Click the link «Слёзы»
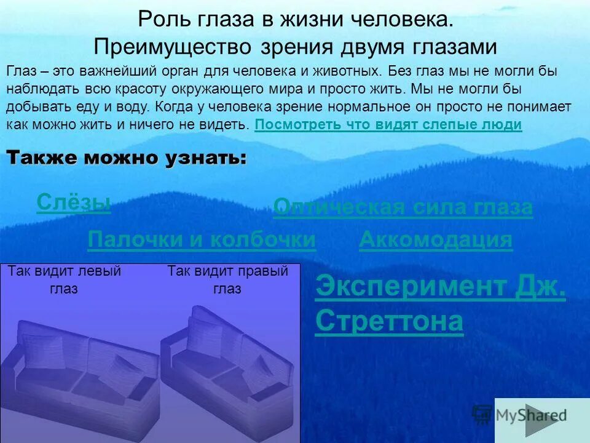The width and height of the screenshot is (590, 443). pos(74,202)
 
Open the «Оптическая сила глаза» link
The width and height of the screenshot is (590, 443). pos(403,207)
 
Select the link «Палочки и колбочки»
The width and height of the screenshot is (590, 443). pos(202,240)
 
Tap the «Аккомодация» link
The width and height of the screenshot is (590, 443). pos(435,240)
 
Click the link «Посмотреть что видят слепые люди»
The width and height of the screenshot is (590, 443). pos(388,125)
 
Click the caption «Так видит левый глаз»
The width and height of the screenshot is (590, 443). pos(64,279)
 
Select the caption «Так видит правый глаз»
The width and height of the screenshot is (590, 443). pos(227,279)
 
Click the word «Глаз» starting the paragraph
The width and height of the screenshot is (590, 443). pos(20,71)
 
